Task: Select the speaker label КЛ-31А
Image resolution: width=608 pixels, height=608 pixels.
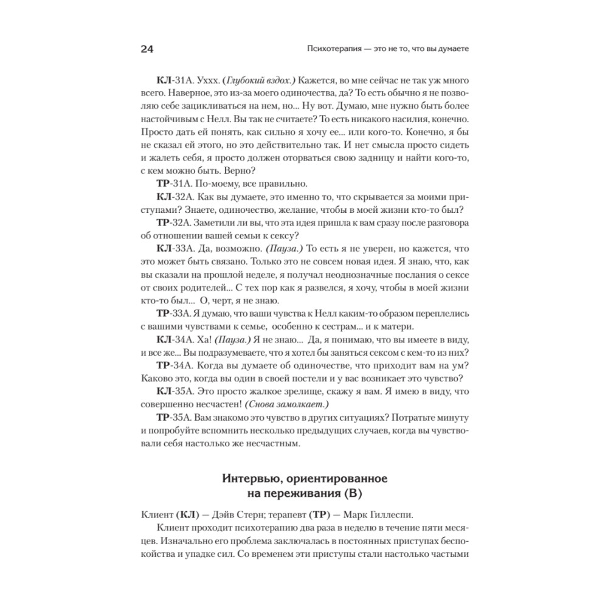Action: click(x=174, y=81)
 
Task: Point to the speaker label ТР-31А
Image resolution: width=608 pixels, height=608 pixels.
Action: click(x=174, y=184)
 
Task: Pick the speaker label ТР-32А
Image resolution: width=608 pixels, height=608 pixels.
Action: click(x=174, y=222)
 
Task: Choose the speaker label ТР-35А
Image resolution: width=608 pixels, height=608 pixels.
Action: click(x=174, y=420)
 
